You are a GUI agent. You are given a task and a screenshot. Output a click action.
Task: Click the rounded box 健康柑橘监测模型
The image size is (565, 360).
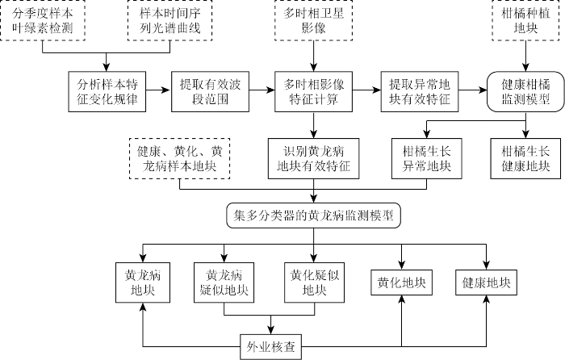[526, 92]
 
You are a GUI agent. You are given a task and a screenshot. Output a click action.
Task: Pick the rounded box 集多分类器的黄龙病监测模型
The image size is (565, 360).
[313, 216]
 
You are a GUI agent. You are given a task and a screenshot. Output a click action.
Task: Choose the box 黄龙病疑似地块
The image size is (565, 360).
[224, 282]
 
